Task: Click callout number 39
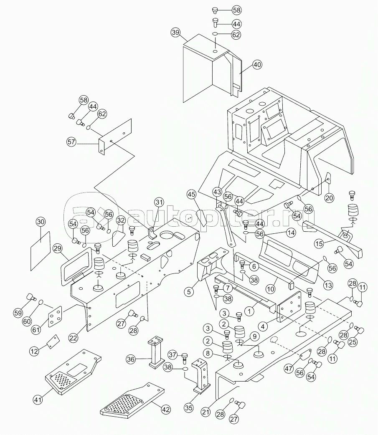pos(176,32)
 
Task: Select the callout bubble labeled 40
pos(257,65)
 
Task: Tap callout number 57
pos(71,142)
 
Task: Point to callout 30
pos(41,222)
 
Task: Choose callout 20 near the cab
pos(330,198)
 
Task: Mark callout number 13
pos(328,285)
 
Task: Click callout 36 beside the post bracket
pos(131,359)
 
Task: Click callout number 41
pos(38,400)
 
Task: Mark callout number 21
pos(205,412)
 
